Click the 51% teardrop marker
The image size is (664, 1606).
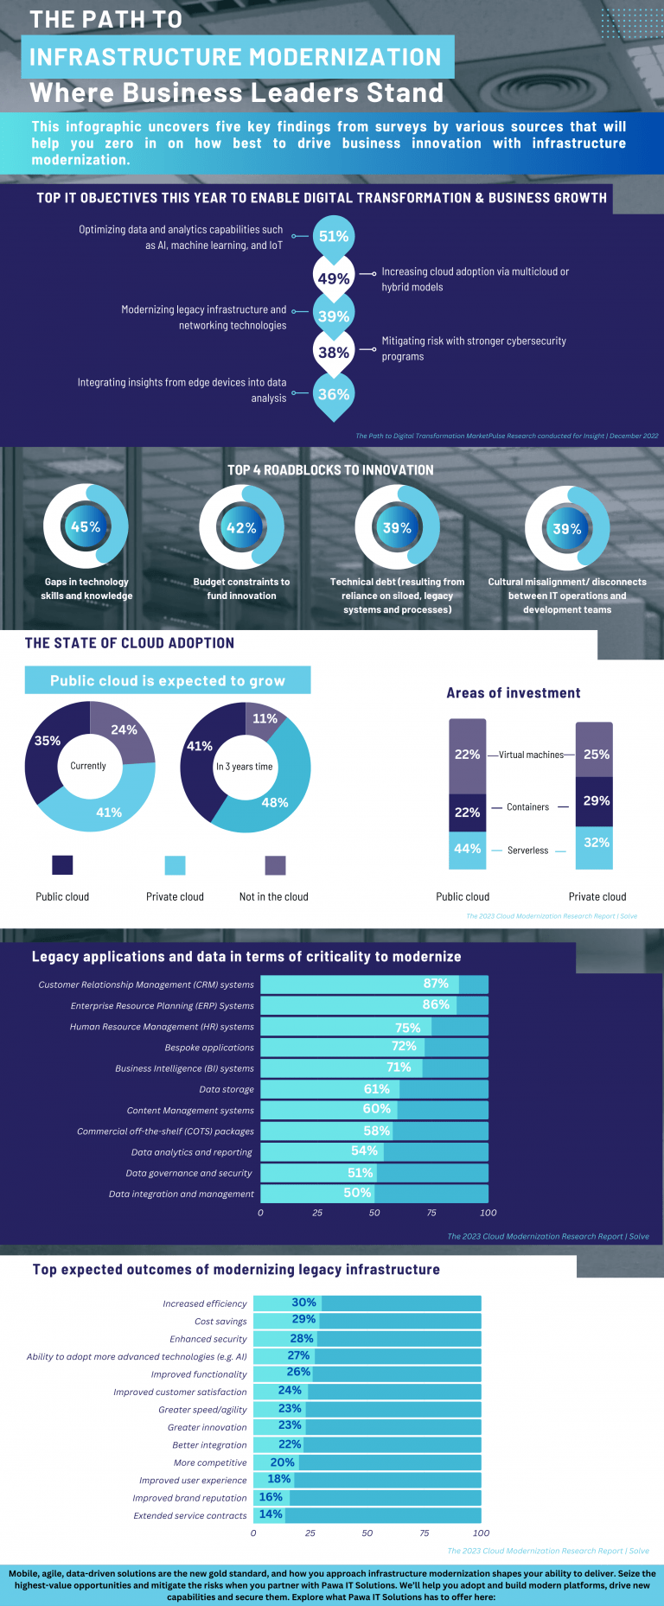334,236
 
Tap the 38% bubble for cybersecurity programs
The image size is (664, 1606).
334,353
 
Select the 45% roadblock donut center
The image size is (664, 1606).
86,527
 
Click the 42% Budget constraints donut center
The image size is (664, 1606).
241,528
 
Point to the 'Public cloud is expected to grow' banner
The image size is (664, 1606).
168,680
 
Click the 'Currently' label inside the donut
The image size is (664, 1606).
88,766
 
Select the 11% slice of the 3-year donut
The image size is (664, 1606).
265,719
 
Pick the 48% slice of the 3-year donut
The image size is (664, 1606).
275,802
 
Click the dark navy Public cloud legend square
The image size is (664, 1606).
62,865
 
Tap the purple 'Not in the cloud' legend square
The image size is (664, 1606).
275,865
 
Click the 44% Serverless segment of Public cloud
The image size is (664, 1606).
467,850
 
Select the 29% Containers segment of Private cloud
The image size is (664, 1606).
595,801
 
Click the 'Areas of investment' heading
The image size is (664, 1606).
514,693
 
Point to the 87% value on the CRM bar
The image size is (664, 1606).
436,984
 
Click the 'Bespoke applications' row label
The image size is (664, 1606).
209,1048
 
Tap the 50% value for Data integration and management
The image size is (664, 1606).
357,1193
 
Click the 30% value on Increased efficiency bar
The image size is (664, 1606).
303,1303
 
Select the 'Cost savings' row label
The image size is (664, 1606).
220,1322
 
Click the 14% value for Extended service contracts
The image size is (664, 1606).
271,1514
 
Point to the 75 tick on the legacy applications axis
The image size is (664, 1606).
431,1213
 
